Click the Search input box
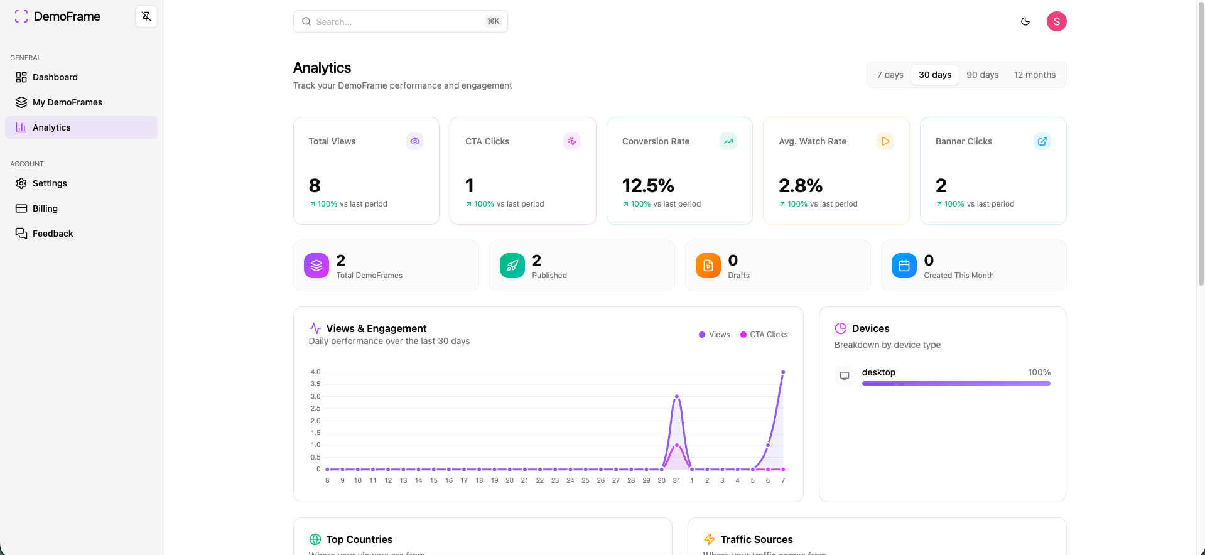point(400,21)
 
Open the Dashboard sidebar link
point(55,77)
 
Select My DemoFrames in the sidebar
point(67,102)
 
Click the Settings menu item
point(50,183)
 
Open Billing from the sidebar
point(45,208)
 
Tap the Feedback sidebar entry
point(53,234)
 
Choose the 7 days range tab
point(890,75)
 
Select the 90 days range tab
point(982,75)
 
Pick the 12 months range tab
point(1034,75)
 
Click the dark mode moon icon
point(1025,21)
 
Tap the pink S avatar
point(1056,21)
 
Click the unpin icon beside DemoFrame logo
point(146,16)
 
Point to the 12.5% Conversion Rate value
point(648,186)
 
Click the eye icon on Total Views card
point(415,141)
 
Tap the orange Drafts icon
point(708,266)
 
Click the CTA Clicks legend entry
point(764,335)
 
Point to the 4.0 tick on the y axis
point(315,372)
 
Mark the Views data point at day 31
point(676,397)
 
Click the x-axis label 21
point(524,480)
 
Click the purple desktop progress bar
point(956,384)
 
